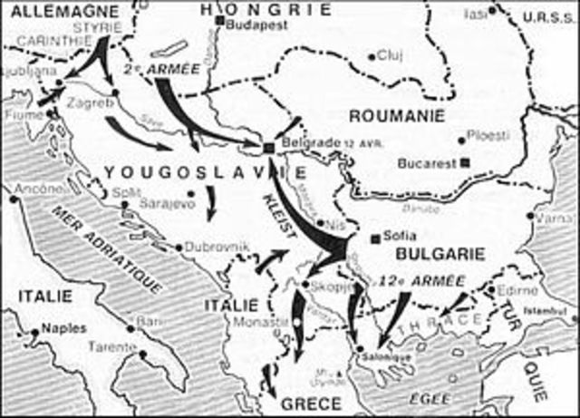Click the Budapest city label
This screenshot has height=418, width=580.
pos(253,26)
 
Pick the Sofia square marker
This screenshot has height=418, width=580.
pos(374,238)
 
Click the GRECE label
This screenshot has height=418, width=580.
pos(314,403)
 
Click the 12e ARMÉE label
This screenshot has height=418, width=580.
pos(415,279)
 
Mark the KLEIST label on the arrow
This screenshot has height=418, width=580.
pos(278,217)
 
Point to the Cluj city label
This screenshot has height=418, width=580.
pos(391,55)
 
